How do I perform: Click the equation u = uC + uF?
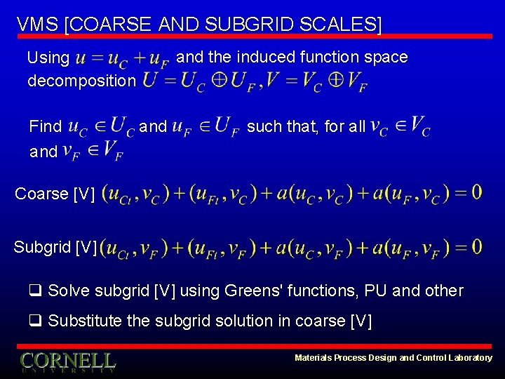123,60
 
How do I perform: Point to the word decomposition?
81,81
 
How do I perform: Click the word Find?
46,127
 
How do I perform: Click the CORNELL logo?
68,361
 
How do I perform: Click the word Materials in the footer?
313,358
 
